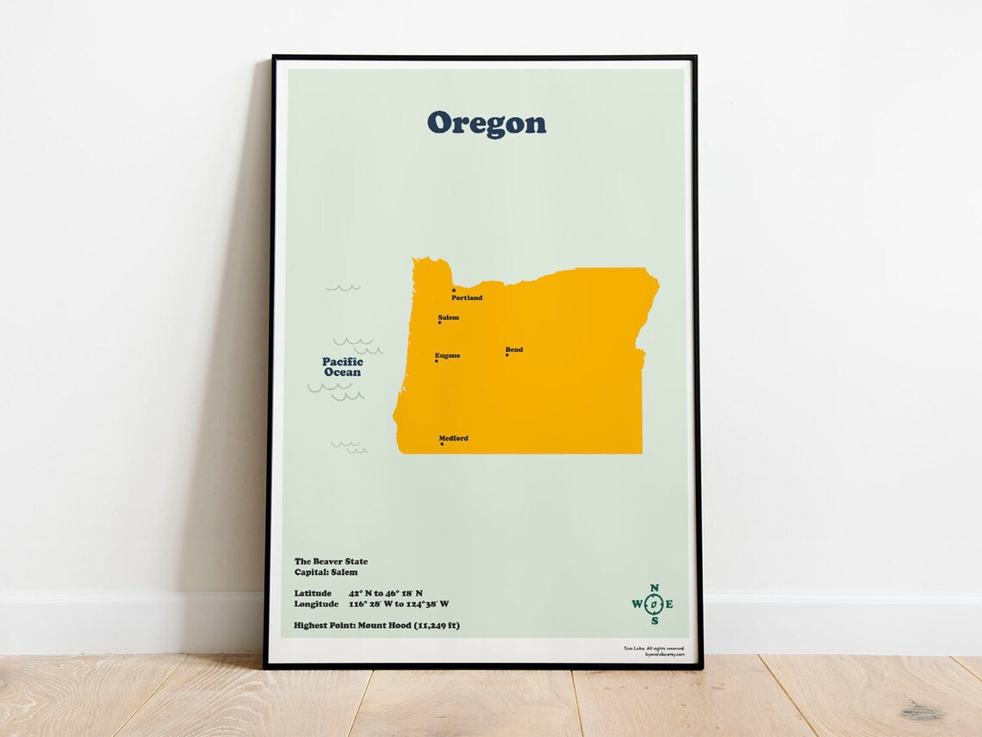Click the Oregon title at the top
click(486, 123)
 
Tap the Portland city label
click(467, 298)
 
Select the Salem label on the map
click(448, 317)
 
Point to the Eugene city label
click(447, 355)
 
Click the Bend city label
click(514, 349)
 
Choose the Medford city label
click(453, 438)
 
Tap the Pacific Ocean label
click(343, 367)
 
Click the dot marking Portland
click(454, 290)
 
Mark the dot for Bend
click(507, 355)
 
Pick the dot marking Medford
click(442, 444)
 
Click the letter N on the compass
click(654, 588)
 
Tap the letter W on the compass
click(637, 604)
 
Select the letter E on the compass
click(669, 604)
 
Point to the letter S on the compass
click(654, 621)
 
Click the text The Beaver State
click(331, 561)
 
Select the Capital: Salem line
click(326, 571)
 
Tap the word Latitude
click(313, 593)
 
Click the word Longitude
click(315, 603)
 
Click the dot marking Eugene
click(437, 361)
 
